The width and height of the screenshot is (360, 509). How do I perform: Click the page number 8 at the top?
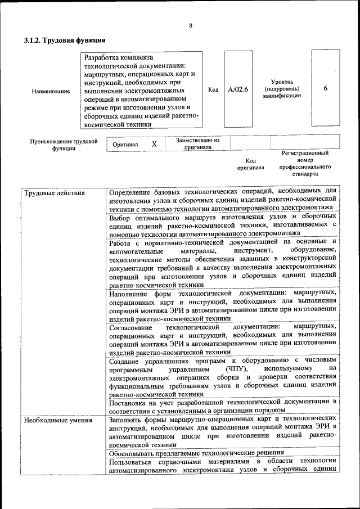click(x=191, y=26)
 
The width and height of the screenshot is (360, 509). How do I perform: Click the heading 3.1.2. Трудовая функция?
click(x=65, y=40)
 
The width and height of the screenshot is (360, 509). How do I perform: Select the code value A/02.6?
click(x=237, y=89)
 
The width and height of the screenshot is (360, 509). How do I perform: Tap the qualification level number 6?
click(x=326, y=89)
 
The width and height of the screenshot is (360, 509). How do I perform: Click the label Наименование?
click(x=51, y=90)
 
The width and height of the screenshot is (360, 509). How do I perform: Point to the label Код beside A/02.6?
click(x=213, y=89)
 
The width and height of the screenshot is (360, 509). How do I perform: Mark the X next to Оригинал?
click(x=154, y=144)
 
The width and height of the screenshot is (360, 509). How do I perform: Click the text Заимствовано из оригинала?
click(x=197, y=143)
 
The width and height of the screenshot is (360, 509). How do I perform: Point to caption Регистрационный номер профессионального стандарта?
click(x=305, y=163)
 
